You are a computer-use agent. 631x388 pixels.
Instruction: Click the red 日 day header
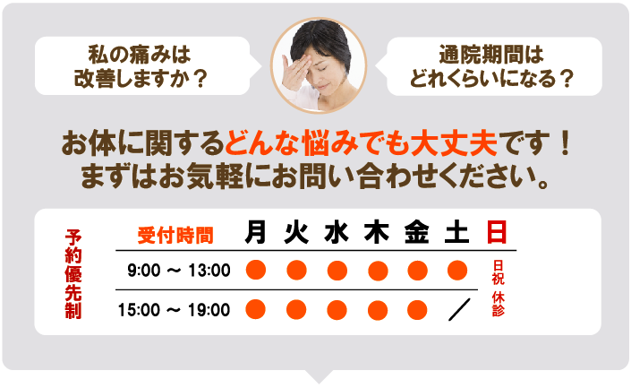(x=497, y=234)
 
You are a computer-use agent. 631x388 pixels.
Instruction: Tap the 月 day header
(x=256, y=234)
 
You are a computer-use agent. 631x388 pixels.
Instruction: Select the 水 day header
(x=337, y=234)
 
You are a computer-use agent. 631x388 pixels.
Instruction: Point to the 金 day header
(x=417, y=234)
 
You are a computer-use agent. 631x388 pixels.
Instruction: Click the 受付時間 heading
(x=175, y=236)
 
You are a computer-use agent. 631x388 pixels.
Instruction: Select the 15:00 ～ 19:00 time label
(x=175, y=311)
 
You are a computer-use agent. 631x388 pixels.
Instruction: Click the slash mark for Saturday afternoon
(x=458, y=310)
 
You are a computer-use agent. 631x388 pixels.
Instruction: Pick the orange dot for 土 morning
(x=457, y=270)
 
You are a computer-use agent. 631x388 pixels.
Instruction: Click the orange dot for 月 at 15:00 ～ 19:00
(x=256, y=310)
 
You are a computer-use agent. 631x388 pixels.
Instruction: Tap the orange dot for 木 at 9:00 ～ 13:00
(x=377, y=270)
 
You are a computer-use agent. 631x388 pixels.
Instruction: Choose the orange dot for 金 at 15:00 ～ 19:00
(x=417, y=310)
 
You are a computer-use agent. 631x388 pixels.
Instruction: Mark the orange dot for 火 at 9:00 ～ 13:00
(x=296, y=270)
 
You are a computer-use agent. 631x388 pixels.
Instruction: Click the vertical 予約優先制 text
(x=73, y=272)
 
